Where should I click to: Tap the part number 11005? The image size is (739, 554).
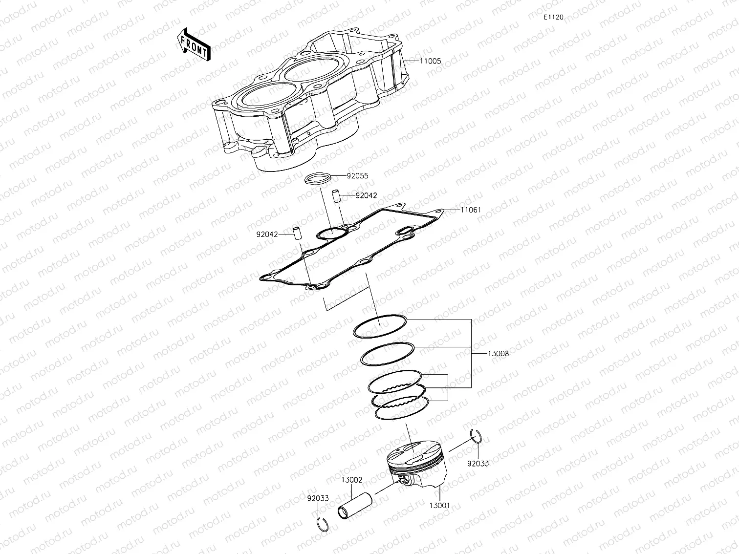pos(430,61)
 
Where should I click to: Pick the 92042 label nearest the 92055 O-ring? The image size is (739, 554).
pos(366,195)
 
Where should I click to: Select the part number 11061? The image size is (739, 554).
pos(471,210)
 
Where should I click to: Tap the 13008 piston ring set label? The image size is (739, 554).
pos(498,353)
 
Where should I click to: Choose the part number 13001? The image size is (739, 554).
pos(439,506)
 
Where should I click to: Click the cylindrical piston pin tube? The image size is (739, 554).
pos(355,505)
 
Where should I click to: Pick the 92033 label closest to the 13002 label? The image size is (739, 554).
pos(318,498)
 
